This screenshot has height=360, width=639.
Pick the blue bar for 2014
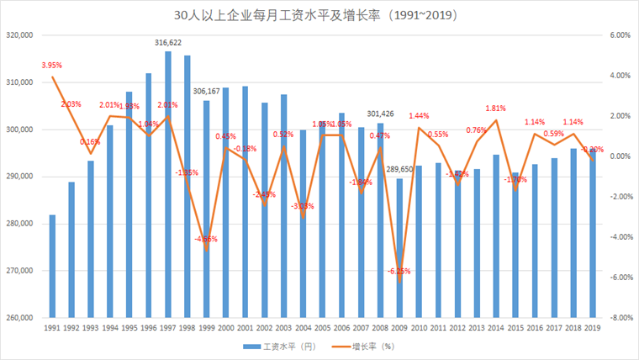(x=496, y=236)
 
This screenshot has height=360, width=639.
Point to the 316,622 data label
(x=168, y=42)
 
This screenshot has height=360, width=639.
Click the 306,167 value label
(x=207, y=92)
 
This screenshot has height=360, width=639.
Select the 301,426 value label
(x=380, y=114)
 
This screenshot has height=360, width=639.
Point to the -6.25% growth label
(x=399, y=271)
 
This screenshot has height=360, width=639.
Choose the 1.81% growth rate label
(x=495, y=109)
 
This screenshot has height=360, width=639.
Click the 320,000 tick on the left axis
(x=18, y=35)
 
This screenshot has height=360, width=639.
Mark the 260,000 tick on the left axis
(x=18, y=318)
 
